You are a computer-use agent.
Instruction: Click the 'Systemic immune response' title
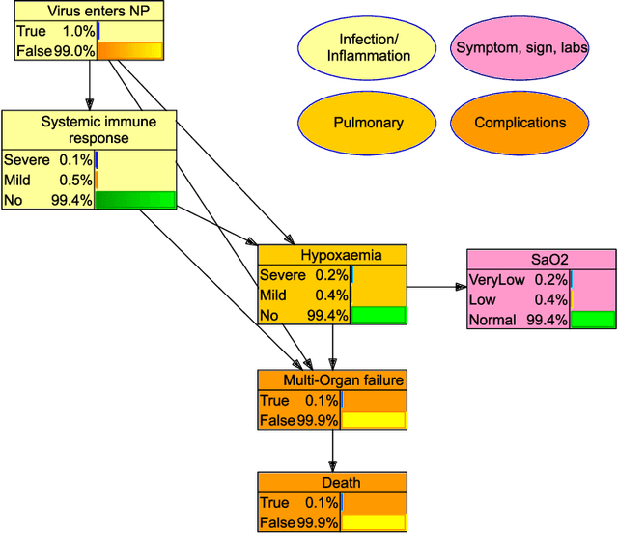[x=90, y=129]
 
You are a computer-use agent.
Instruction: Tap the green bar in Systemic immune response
[x=135, y=200]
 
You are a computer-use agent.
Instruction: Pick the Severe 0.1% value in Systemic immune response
[x=48, y=160]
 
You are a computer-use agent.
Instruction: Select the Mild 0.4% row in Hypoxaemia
[x=303, y=295]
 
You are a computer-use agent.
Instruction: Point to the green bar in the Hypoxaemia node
[x=379, y=315]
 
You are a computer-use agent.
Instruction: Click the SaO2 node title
[x=541, y=260]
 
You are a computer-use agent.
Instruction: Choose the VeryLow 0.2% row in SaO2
[x=518, y=280]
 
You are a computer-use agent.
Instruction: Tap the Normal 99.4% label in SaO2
[x=518, y=320]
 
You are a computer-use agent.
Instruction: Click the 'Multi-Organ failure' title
[x=331, y=380]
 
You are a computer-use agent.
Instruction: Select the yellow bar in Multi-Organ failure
[x=374, y=420]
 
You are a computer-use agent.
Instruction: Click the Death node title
[x=331, y=483]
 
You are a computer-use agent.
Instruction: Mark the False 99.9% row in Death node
[x=298, y=522]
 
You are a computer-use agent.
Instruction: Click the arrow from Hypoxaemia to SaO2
[x=435, y=287]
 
